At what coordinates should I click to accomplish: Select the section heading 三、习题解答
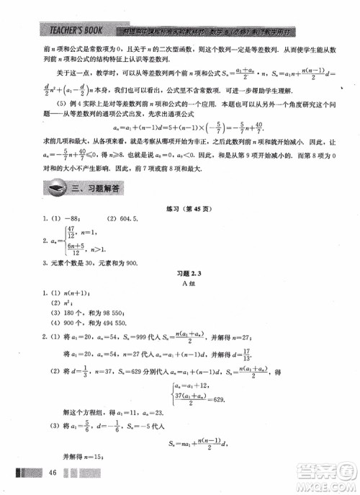tap(98, 189)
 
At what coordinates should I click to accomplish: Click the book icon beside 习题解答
tap(55, 189)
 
